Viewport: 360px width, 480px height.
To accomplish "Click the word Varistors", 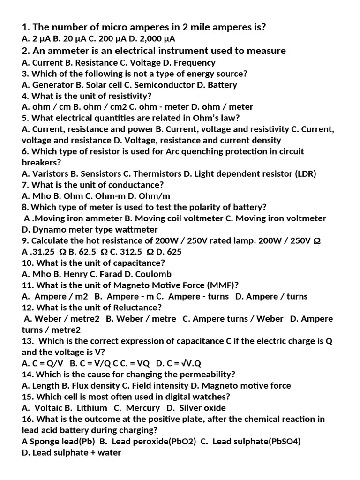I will pyautogui.click(x=49, y=173).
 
